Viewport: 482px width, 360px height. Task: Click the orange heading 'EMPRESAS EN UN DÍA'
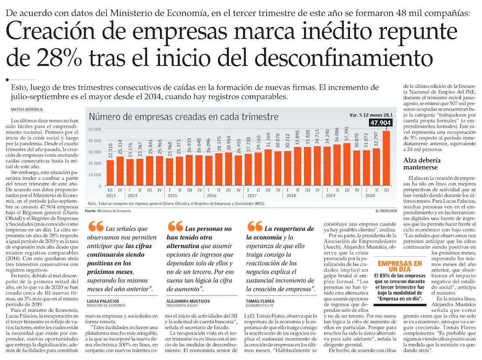tap(400, 266)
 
